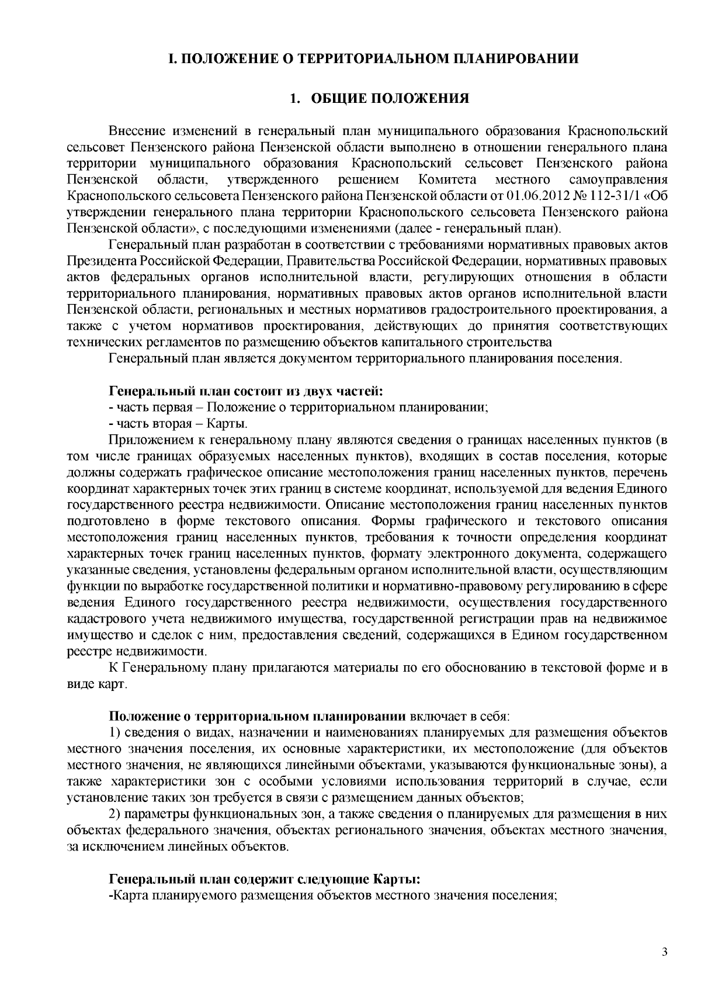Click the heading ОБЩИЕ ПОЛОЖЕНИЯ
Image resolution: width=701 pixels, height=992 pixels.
coord(389,98)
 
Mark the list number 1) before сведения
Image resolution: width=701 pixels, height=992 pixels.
coord(116,732)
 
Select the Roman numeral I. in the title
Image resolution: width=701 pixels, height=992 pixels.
coord(172,58)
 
